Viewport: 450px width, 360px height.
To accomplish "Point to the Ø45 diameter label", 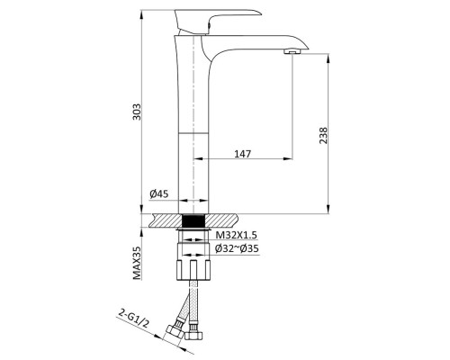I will tap(158, 193).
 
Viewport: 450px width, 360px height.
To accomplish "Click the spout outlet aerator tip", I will tap(291, 54).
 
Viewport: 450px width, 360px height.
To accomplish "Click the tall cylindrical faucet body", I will tap(193, 126).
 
